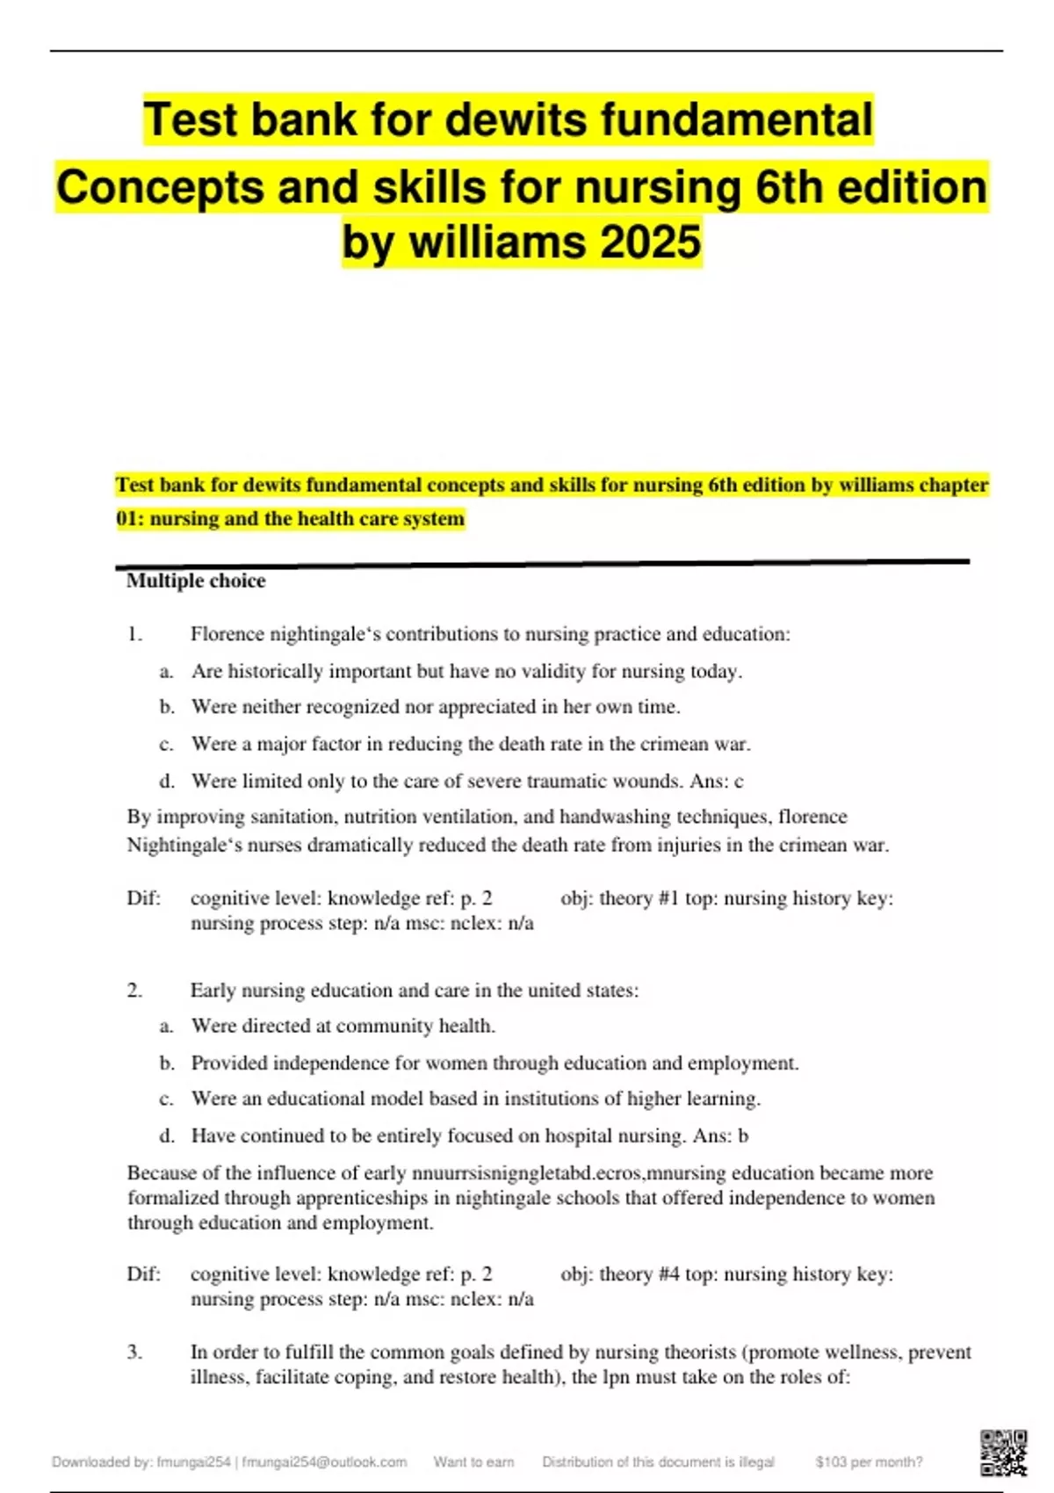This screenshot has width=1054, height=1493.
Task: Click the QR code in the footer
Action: pos(1004,1453)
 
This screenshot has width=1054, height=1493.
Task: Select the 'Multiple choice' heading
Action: pos(196,581)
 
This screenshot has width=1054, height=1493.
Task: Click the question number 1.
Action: pos(134,634)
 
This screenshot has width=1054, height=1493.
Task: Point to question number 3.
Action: pos(134,1352)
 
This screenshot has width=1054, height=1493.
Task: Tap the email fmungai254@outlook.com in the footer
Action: pos(324,1461)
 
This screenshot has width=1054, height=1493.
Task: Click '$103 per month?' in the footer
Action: pos(869,1461)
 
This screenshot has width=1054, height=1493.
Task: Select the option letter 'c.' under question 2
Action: pos(166,1099)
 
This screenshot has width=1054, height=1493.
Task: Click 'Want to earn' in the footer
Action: pos(473,1461)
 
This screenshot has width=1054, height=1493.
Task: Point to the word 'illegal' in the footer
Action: pos(756,1461)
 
